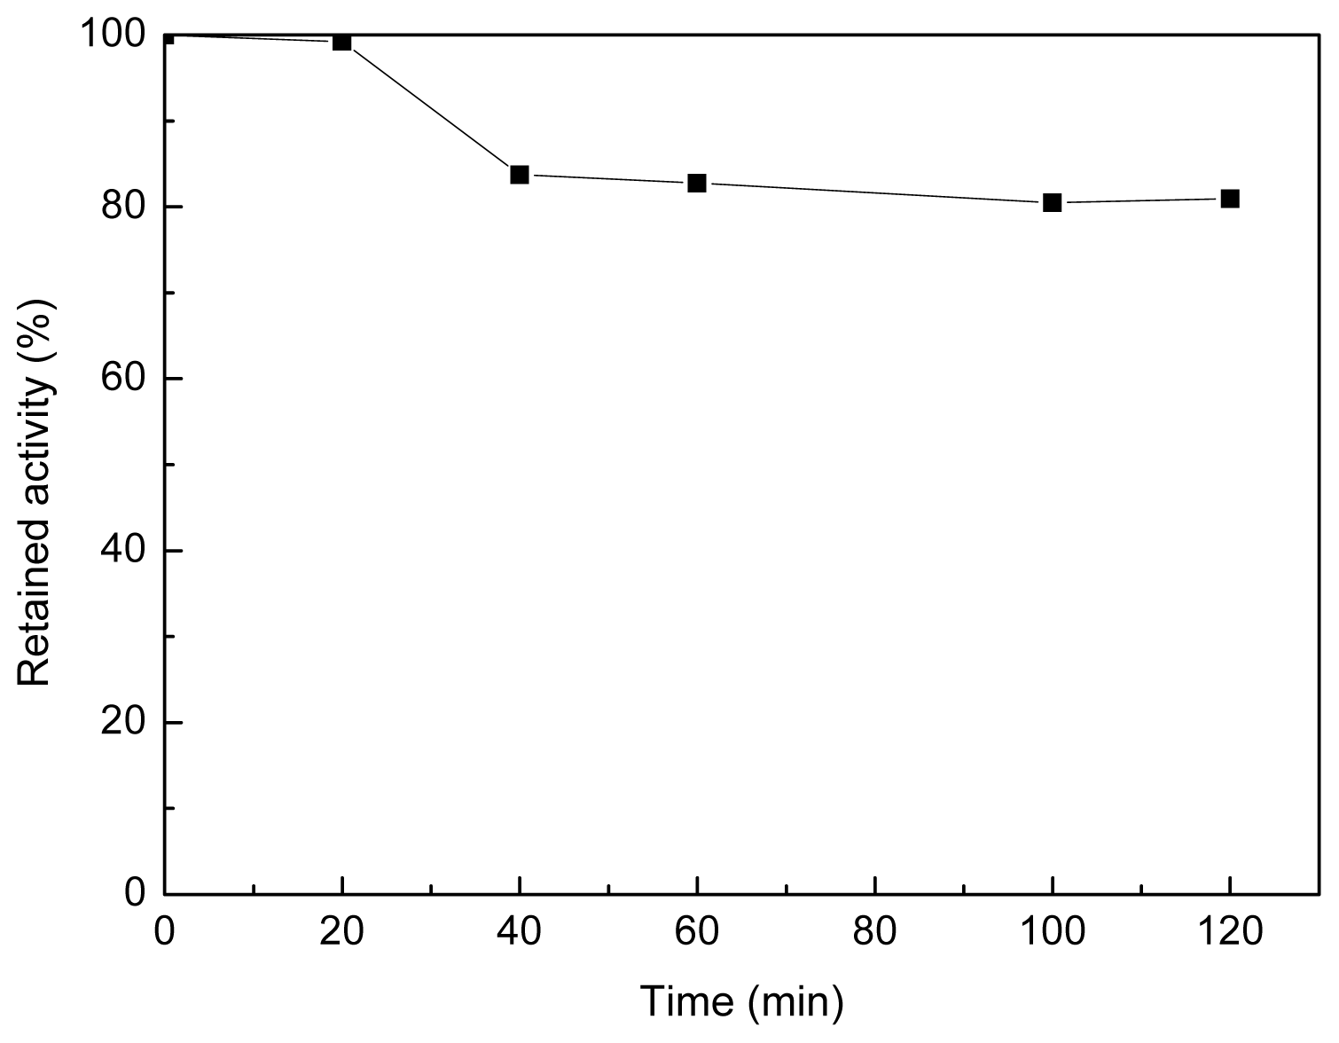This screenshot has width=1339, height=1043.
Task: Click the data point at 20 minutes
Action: click(x=342, y=42)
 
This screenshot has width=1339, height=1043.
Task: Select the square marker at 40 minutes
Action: click(x=520, y=175)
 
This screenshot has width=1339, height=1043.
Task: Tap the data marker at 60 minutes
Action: click(x=697, y=184)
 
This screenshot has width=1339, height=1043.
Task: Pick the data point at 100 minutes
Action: click(x=1053, y=202)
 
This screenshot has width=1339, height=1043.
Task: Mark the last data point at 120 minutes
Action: click(x=1230, y=199)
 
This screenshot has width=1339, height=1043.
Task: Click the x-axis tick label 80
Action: click(x=875, y=933)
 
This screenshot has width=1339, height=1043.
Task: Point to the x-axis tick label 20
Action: click(x=342, y=933)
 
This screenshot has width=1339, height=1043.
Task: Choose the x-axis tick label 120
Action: click(x=1230, y=933)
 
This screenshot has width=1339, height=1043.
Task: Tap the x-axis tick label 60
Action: click(x=697, y=933)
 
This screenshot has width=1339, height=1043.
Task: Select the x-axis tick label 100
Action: click(x=1053, y=933)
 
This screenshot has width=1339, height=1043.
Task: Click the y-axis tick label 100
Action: click(x=113, y=35)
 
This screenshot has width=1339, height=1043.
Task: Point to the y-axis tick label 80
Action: click(x=123, y=207)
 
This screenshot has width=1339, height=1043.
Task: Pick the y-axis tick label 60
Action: click(x=123, y=379)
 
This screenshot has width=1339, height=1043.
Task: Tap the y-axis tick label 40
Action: click(x=123, y=551)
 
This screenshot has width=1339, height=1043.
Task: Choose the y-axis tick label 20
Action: click(x=123, y=722)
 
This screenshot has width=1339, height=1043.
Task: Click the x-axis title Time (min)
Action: click(x=741, y=1002)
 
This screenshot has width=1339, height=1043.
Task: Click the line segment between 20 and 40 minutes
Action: click(x=431, y=108)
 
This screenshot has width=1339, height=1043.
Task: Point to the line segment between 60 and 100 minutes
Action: click(x=875, y=193)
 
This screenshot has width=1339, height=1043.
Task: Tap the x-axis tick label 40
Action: click(x=520, y=933)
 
